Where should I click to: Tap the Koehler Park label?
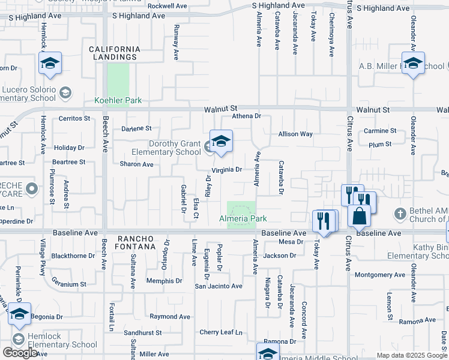click(118, 100)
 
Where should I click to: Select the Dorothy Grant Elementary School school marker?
click(221, 141)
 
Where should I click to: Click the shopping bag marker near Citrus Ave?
click(359, 215)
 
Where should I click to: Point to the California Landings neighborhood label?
click(114, 53)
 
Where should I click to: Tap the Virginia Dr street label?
click(223, 170)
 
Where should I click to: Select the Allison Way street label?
click(295, 134)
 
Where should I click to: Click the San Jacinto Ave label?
click(218, 286)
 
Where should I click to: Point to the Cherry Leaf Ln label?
click(220, 332)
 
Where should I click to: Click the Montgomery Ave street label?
click(381, 275)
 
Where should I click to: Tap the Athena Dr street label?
click(247, 116)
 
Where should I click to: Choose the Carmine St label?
click(380, 130)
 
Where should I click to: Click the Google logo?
click(20, 353)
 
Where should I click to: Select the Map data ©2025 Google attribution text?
click(412, 356)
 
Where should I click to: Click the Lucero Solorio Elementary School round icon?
click(65, 93)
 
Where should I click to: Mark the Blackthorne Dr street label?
click(73, 256)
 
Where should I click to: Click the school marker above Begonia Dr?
click(19, 314)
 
